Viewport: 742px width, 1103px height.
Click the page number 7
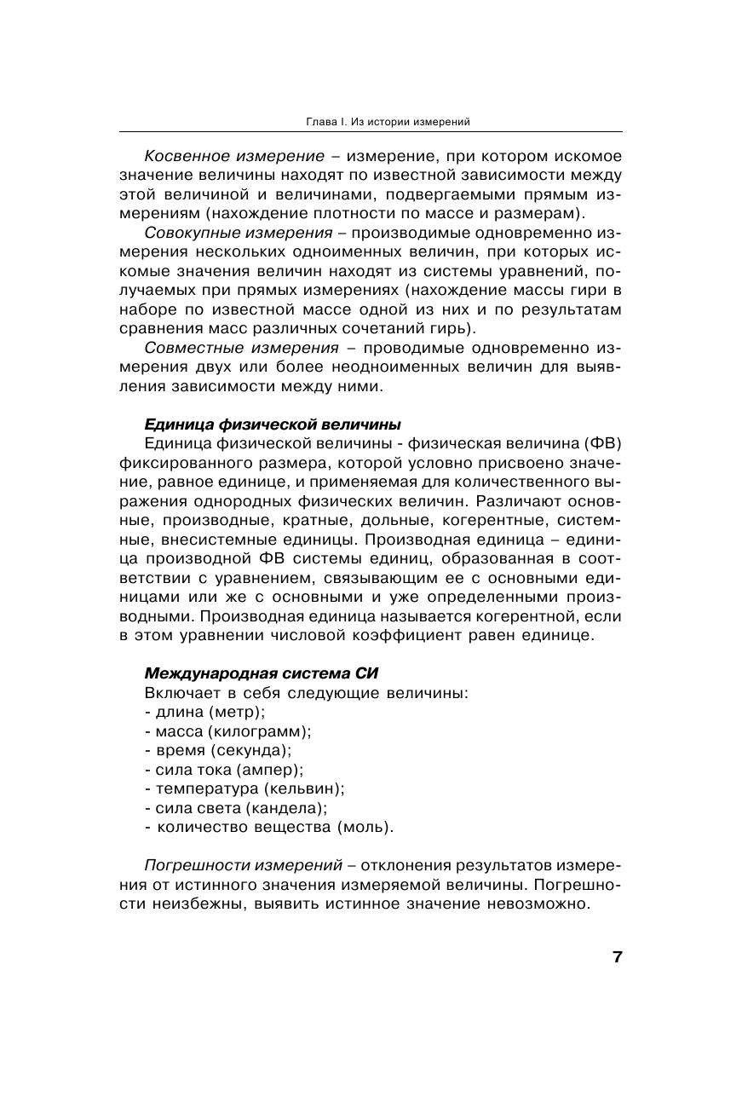[x=617, y=956]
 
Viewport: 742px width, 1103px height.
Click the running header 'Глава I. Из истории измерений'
[x=388, y=122]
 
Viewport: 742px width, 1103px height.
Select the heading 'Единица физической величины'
[x=273, y=424]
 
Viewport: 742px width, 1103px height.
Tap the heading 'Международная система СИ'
[x=262, y=673]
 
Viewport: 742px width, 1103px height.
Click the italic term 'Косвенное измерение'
[x=234, y=156]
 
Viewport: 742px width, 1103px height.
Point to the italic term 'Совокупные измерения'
[x=239, y=233]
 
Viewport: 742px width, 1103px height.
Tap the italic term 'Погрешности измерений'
[x=244, y=865]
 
